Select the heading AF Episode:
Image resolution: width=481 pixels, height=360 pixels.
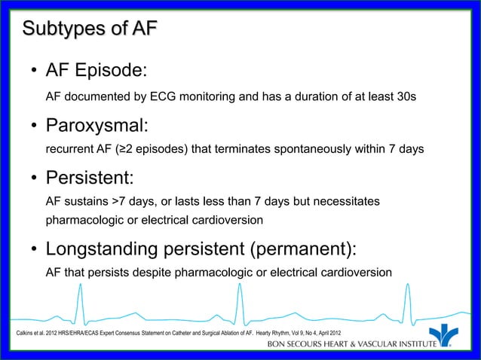(x=96, y=71)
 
